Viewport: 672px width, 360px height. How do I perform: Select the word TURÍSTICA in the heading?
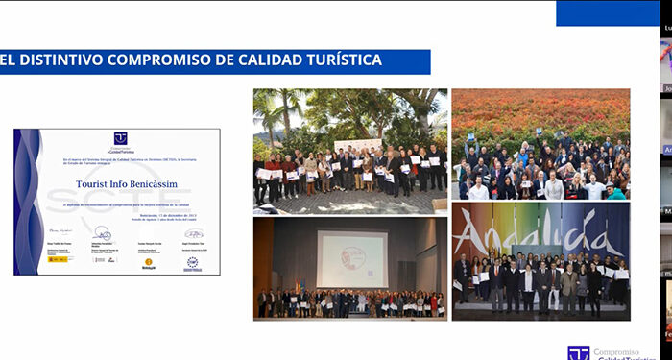340,60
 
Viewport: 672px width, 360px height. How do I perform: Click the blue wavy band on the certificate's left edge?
28,202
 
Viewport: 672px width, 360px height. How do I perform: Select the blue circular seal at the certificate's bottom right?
192,262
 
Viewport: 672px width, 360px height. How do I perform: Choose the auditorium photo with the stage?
349,268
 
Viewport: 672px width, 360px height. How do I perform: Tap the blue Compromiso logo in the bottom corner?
578,353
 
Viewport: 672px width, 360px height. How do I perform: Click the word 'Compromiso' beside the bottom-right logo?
621,350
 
